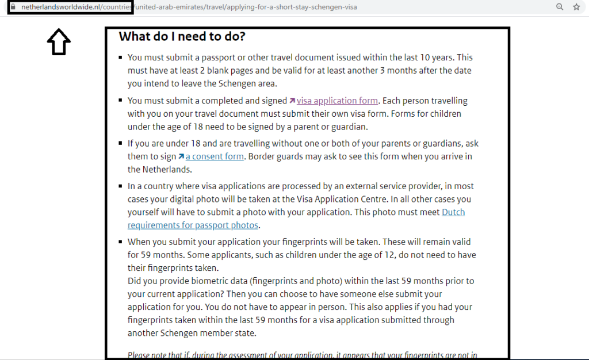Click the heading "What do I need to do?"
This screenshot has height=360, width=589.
click(x=182, y=36)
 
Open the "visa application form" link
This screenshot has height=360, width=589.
click(x=338, y=101)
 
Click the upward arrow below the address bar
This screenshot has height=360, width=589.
click(x=58, y=43)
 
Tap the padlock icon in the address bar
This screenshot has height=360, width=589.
click(x=14, y=7)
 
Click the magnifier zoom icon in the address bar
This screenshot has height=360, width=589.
click(x=560, y=7)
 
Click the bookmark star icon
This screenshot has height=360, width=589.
click(x=576, y=7)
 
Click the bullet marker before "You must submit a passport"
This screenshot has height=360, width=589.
click(x=120, y=58)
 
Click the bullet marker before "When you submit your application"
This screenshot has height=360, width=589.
click(x=120, y=242)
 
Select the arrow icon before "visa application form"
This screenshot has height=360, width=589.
click(x=293, y=101)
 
